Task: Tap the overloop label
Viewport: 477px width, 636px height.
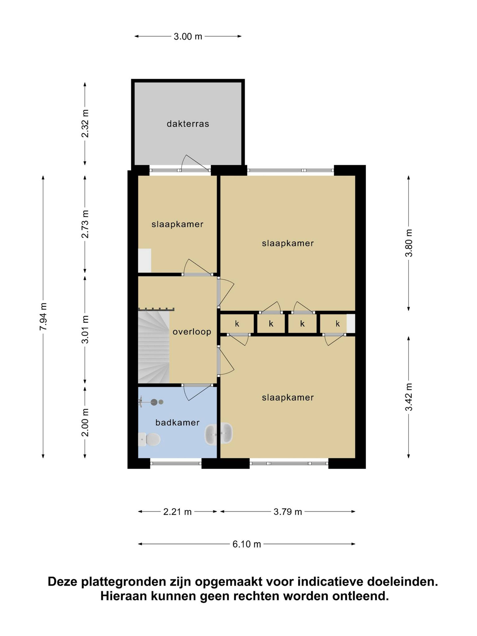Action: click(192, 332)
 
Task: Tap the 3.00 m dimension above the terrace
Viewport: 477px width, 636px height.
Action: click(188, 37)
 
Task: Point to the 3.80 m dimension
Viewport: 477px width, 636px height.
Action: click(409, 243)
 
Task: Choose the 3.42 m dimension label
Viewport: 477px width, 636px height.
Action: click(409, 397)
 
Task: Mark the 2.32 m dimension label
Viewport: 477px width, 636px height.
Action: click(85, 124)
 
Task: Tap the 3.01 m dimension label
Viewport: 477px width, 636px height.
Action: click(85, 330)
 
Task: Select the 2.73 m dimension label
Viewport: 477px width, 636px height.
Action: click(85, 224)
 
